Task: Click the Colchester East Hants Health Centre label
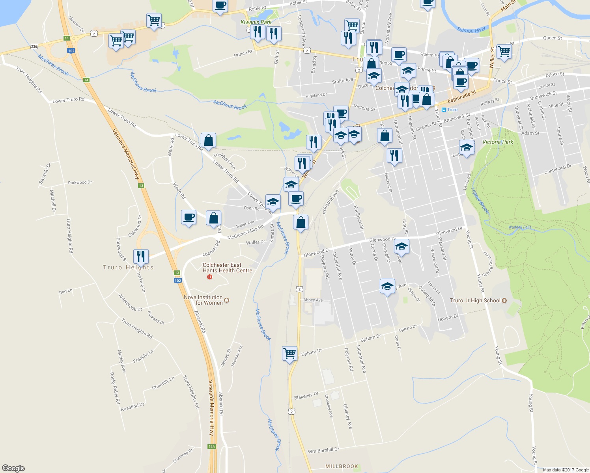[x=227, y=268]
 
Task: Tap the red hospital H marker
[x=209, y=277]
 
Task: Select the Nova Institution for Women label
[x=204, y=300]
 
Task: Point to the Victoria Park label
[x=498, y=142]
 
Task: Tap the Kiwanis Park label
[x=256, y=22]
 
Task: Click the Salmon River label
[x=471, y=30]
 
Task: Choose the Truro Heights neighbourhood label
[x=128, y=267]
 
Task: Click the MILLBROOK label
[x=342, y=466]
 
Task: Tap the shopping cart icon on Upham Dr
[x=289, y=353]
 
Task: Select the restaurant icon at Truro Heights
[x=141, y=256]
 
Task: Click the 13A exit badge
[x=212, y=447]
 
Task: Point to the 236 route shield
[x=34, y=47]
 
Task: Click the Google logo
[x=13, y=468]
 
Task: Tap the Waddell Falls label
[x=520, y=227]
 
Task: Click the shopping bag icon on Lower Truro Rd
[x=208, y=140]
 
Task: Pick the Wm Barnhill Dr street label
[x=323, y=450]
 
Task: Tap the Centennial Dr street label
[x=558, y=169]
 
